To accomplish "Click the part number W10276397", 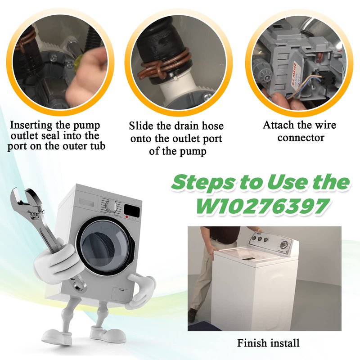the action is [x=262, y=206].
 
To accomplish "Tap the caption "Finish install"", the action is [x=268, y=343].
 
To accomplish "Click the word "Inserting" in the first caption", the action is [x=31, y=126].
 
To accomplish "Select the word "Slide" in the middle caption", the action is [x=141, y=126].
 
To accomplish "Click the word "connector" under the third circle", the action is [x=301, y=138].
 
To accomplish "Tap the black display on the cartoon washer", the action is [x=131, y=210].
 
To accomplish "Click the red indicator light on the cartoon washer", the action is [x=127, y=217].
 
